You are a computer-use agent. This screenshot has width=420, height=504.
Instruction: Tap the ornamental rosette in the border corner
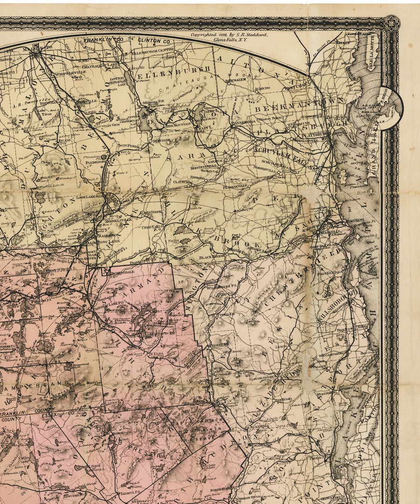pyautogui.click(x=391, y=23)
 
